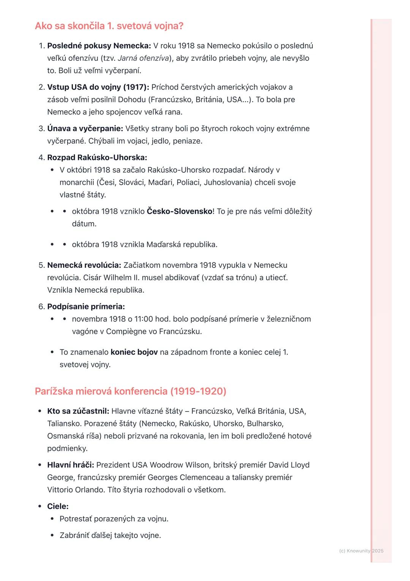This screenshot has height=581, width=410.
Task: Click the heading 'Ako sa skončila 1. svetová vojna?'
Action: [x=109, y=26]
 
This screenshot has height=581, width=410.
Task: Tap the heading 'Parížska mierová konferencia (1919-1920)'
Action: [x=130, y=391]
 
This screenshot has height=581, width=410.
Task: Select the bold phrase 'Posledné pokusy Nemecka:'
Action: [x=99, y=46]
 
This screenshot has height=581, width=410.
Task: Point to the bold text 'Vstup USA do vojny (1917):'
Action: [x=98, y=87]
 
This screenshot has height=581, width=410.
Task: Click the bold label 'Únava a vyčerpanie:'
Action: [x=85, y=129]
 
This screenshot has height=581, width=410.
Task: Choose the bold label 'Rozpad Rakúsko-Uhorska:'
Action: [x=97, y=158]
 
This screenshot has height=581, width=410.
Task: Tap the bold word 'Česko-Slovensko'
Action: [x=179, y=211]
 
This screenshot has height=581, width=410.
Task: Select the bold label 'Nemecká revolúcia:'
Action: [x=84, y=265]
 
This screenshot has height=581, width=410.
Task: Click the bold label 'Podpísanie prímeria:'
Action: [x=86, y=307]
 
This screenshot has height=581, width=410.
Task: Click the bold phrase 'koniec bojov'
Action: [x=134, y=352]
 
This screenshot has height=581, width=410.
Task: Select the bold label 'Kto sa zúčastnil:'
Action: [x=78, y=411]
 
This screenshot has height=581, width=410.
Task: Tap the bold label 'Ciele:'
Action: [x=58, y=506]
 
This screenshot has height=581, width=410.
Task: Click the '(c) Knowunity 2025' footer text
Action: [x=361, y=551]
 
